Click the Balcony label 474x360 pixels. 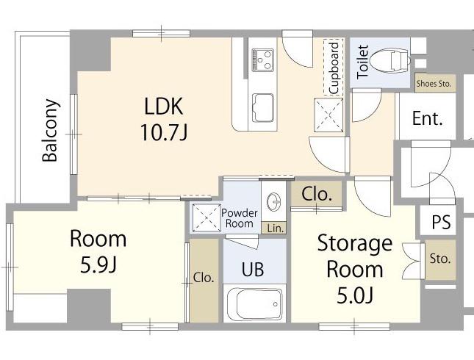[x=50, y=130]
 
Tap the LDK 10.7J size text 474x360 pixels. [x=164, y=133]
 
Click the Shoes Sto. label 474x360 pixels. [x=434, y=84]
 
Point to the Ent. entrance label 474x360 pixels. [x=428, y=118]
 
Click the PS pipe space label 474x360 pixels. [x=441, y=222]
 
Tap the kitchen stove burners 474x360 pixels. [x=262, y=60]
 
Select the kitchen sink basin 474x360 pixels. [x=262, y=107]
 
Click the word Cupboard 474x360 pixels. [x=334, y=68]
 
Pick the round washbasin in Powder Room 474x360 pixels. [x=274, y=201]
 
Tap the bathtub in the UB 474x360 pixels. [x=255, y=303]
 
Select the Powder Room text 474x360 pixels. [x=240, y=218]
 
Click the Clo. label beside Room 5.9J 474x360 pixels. [x=204, y=278]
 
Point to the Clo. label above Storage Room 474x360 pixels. [x=317, y=194]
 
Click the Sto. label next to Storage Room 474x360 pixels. [x=440, y=259]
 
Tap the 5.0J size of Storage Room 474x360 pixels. [x=355, y=295]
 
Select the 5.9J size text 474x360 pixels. [x=98, y=265]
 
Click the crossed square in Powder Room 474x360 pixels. [x=207, y=217]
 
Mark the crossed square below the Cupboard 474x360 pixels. [x=328, y=115]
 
